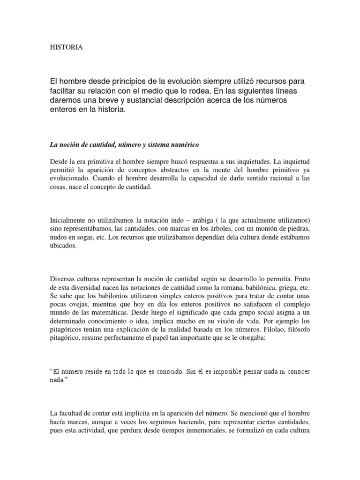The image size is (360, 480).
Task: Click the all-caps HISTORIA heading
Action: click(x=66, y=47)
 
